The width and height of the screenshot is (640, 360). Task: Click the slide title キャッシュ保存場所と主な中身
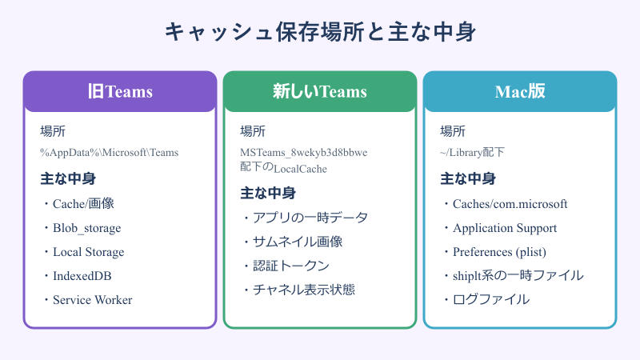320,32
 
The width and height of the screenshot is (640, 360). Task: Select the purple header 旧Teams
120,91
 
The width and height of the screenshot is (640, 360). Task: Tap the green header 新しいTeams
320,91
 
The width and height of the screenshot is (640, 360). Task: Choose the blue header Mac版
520,91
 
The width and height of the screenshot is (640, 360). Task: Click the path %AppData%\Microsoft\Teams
110,152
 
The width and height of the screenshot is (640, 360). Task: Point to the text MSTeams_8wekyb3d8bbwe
303,152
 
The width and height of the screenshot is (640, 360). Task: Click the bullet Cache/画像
84,204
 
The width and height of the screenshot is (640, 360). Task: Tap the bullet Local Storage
88,252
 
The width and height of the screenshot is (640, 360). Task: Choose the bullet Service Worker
92,300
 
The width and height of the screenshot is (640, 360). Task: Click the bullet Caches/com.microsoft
510,204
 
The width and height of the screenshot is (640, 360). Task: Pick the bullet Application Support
504,228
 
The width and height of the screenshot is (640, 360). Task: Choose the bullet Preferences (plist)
499,252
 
